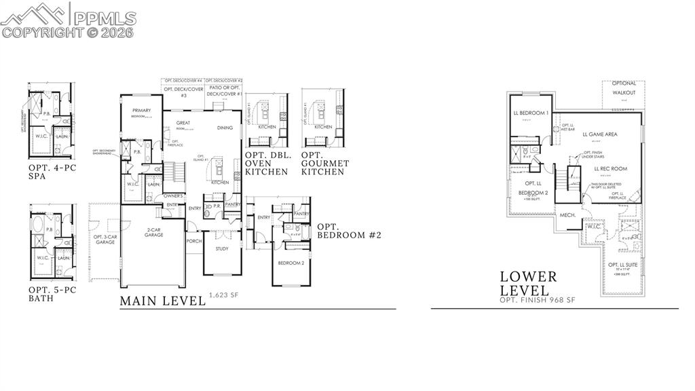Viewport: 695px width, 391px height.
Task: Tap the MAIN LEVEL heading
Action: pyautogui.click(x=163, y=301)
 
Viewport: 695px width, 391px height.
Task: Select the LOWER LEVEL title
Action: pyautogui.click(x=529, y=284)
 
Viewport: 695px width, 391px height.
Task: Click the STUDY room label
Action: pyautogui.click(x=222, y=248)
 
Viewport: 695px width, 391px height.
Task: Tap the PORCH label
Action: pyautogui.click(x=194, y=240)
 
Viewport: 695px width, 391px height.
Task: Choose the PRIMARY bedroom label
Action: pyautogui.click(x=142, y=111)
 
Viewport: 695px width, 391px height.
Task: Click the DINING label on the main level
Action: pyautogui.click(x=225, y=128)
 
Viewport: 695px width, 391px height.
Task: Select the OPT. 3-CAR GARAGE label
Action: pyautogui.click(x=105, y=238)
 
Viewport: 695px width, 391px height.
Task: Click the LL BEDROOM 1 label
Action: pyautogui.click(x=530, y=113)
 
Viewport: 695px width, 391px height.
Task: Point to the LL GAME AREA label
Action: pyautogui.click(x=600, y=134)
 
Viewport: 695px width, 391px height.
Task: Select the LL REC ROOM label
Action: pyautogui.click(x=610, y=168)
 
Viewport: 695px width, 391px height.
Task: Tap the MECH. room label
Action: pyautogui.click(x=567, y=215)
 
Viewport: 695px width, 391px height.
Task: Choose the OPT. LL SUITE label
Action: pyautogui.click(x=623, y=264)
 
